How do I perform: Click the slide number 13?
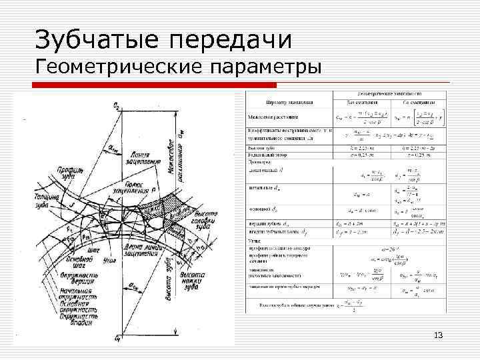point(437,335)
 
